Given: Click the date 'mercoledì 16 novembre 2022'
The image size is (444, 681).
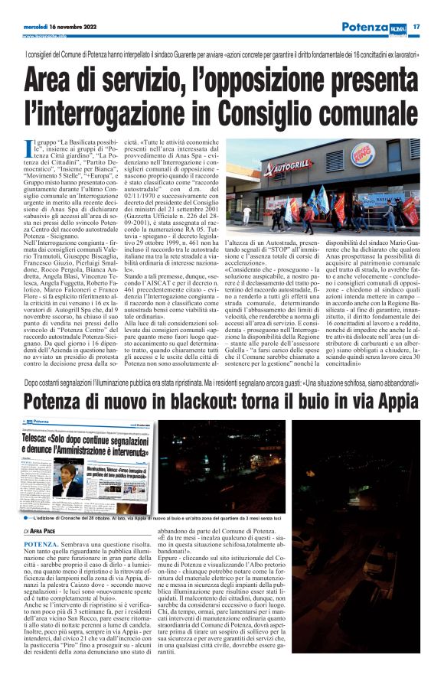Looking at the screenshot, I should (57, 28).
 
